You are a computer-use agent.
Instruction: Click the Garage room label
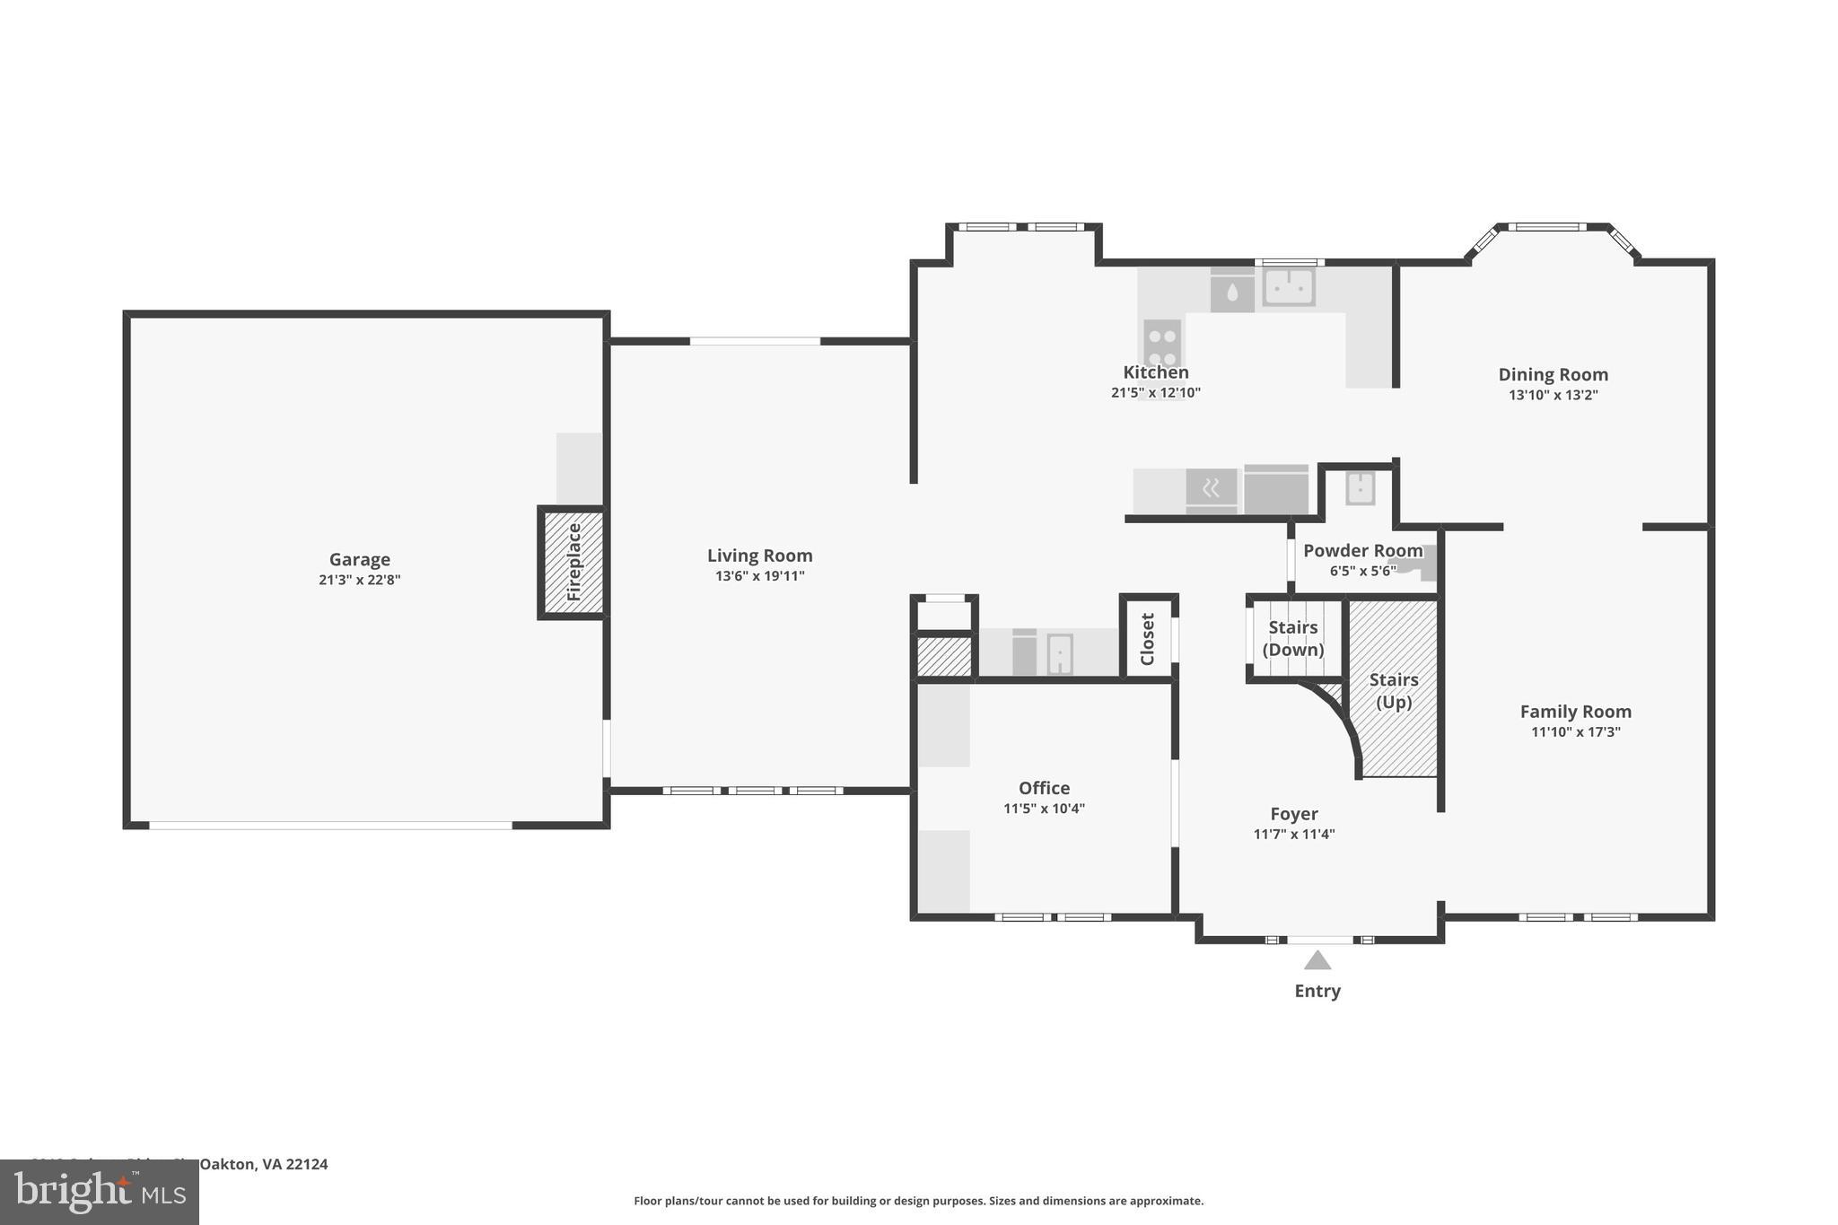[359, 560]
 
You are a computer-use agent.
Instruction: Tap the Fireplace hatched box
[573, 563]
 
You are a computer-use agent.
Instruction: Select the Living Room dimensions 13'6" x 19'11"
[759, 576]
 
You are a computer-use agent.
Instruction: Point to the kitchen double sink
[1289, 287]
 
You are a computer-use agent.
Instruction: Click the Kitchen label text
[1156, 372]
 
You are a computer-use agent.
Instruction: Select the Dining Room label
[1553, 375]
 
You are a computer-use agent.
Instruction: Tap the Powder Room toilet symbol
[1425, 564]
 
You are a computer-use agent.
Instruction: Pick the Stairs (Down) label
[1293, 638]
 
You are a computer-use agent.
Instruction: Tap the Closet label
[1148, 638]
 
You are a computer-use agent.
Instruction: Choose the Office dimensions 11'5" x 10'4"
[1044, 809]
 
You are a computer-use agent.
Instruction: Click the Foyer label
[1293, 814]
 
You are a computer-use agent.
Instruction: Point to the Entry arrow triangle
[1317, 961]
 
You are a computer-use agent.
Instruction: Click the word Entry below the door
[1317, 991]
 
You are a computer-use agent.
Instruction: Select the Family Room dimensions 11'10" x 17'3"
[1575, 732]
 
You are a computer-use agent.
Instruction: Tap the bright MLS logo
[99, 1193]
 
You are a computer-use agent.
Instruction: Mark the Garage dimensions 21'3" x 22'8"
[359, 580]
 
